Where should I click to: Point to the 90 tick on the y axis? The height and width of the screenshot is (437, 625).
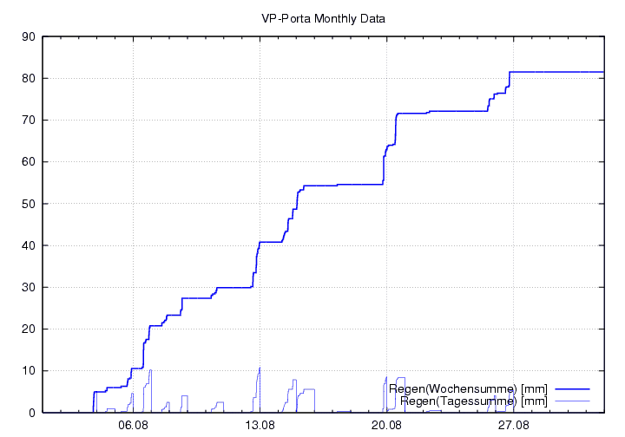27,36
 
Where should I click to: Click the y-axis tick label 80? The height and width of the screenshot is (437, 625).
27,78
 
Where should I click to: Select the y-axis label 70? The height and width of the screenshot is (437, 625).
27,120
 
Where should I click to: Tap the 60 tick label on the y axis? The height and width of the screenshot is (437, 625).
27,161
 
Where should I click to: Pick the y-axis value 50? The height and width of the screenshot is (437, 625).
27,204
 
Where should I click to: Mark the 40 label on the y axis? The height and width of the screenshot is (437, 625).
27,245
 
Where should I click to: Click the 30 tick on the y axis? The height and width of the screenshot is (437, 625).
27,287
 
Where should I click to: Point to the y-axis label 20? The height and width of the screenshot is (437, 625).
27,329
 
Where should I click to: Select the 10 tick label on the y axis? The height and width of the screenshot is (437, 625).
27,370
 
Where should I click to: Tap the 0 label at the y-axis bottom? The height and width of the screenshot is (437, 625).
30,413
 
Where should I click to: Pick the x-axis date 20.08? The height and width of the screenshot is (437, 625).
386,425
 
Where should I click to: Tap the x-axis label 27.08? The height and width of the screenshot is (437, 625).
513,425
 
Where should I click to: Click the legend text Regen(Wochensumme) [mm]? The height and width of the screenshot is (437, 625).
468,388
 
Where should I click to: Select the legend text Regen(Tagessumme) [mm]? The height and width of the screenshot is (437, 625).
474,401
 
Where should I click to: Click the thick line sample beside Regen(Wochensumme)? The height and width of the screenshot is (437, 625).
572,388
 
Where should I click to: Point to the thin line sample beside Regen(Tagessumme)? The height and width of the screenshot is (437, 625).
572,401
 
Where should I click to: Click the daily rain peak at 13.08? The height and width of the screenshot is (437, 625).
260,369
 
